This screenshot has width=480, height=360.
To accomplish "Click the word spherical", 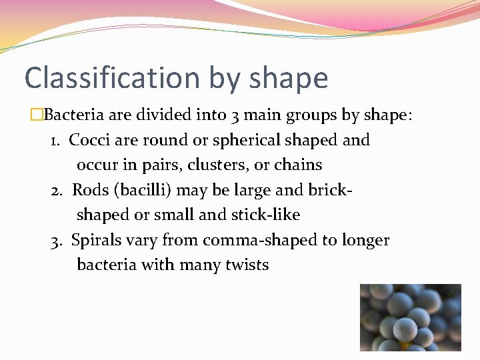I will point(245,141).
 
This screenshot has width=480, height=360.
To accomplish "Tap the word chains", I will point(299,165).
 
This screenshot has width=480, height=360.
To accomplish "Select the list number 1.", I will point(56,141).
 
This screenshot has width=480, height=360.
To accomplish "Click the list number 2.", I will point(57,191).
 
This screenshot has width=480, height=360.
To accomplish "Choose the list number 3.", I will point(56,241).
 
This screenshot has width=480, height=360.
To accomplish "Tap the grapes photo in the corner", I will point(410,317).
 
